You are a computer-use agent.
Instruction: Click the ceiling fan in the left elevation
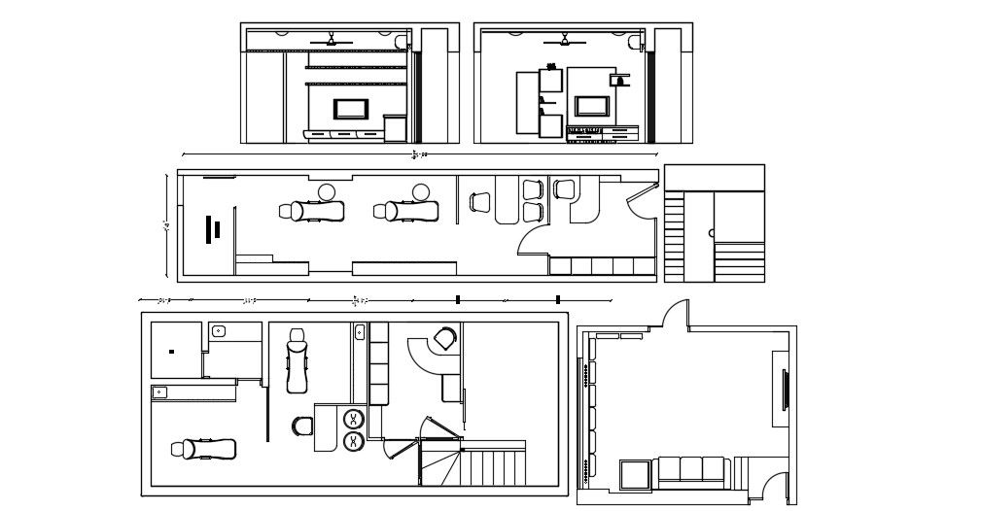coord(333,41)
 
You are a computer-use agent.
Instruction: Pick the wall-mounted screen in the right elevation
coord(592,106)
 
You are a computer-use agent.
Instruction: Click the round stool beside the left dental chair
coord(327,190)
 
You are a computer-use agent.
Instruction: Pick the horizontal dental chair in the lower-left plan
coord(204,449)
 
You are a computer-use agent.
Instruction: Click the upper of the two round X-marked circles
coord(354,420)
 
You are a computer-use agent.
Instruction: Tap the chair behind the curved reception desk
coord(444,338)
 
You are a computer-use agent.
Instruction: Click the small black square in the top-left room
coord(171,351)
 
